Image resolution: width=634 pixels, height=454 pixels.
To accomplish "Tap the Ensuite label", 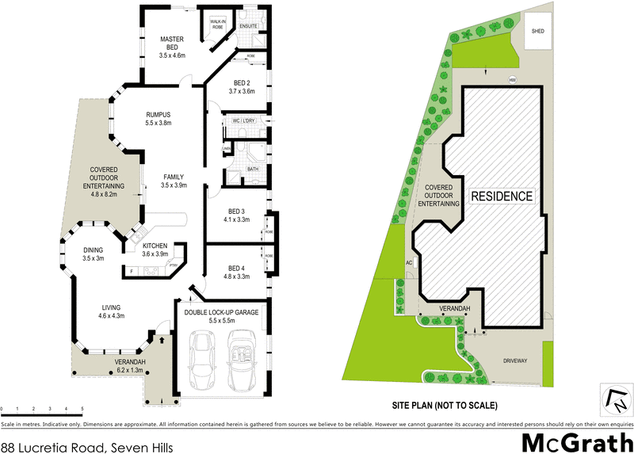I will click(248, 25).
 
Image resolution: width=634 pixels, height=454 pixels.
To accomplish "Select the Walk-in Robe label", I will click(217, 24).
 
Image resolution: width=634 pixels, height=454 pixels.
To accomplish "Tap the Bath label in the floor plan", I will click(252, 169).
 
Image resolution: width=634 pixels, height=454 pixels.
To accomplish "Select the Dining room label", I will click(94, 254).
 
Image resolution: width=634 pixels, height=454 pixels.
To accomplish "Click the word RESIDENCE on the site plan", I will click(502, 195).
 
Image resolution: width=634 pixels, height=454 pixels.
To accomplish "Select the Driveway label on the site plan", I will click(514, 361).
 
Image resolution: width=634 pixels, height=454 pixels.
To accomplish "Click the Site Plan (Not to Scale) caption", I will click(444, 405).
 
